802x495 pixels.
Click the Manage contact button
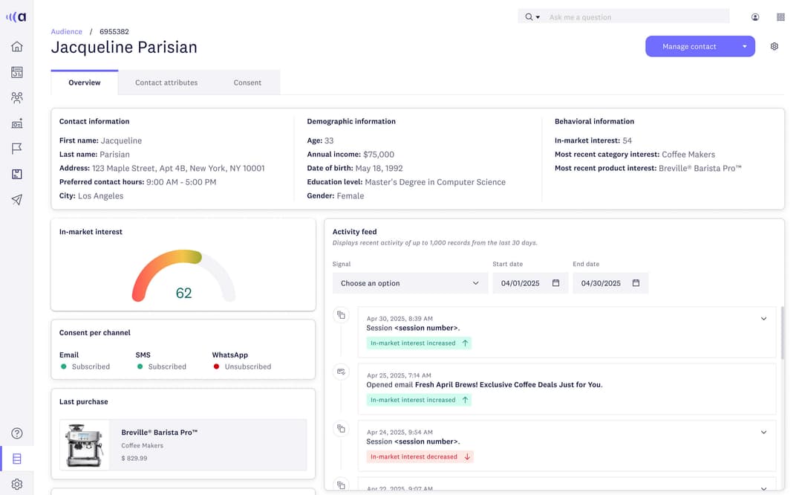689,47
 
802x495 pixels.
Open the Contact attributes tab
166,82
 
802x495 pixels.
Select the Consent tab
247,82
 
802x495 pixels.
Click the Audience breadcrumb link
66,32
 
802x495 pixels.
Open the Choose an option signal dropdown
409,283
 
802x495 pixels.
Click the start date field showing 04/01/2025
521,283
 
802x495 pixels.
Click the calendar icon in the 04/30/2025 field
636,283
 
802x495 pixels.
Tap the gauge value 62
183,293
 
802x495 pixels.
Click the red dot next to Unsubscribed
216,366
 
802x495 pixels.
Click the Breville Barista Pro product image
84,444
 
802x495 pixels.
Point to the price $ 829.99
134,459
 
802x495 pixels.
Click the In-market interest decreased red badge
420,456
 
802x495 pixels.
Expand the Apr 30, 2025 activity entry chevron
763,319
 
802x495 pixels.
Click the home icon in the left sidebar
17,47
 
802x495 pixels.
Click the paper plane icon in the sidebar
17,200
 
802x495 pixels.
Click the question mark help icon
17,433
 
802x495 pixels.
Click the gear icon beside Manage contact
775,47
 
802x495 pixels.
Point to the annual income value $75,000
379,155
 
